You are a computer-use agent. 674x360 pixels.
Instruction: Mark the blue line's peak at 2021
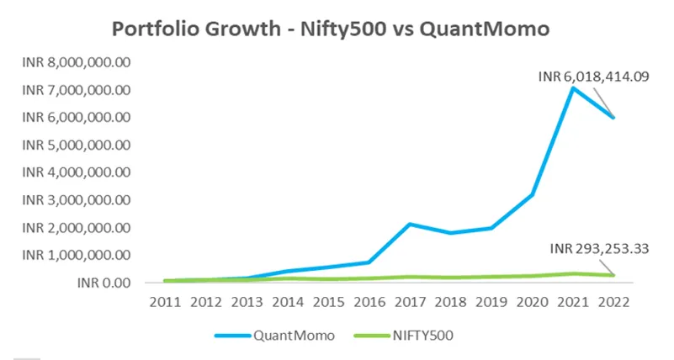pyautogui.click(x=573, y=87)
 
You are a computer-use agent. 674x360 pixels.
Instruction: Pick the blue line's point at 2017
pyautogui.click(x=409, y=224)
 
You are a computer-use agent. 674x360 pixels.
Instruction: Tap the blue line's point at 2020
pyautogui.click(x=533, y=194)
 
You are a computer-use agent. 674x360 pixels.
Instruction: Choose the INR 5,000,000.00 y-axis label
pyautogui.click(x=77, y=145)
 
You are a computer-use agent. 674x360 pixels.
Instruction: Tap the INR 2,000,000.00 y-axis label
pyautogui.click(x=77, y=227)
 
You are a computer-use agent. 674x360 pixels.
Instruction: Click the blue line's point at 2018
pyautogui.click(x=450, y=233)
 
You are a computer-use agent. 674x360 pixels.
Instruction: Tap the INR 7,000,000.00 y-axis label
pyautogui.click(x=77, y=89)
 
